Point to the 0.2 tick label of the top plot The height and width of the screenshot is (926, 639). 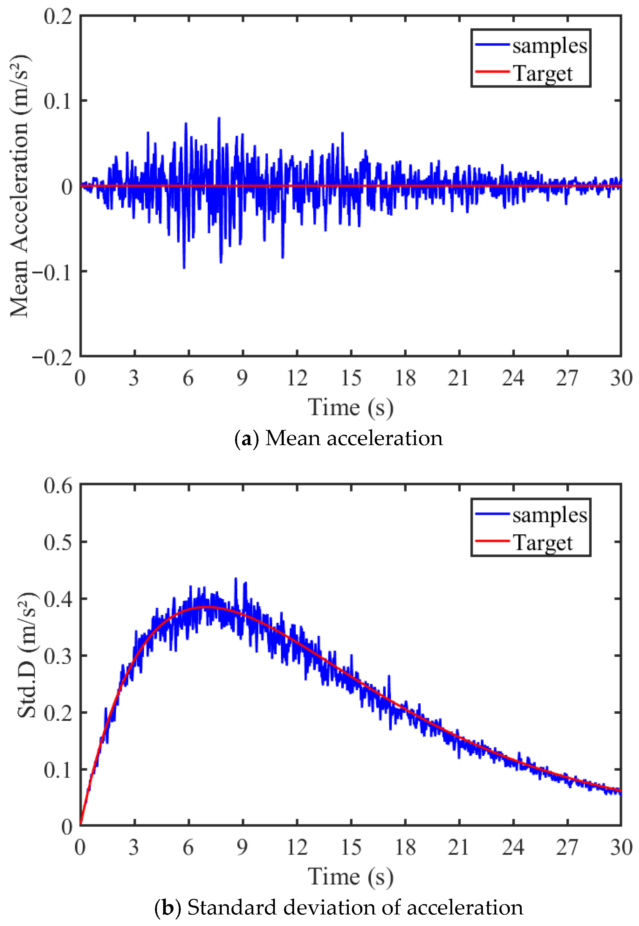58,17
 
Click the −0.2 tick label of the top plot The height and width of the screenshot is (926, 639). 52,357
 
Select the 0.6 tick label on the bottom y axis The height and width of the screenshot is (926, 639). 58,486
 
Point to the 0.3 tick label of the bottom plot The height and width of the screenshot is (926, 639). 58,657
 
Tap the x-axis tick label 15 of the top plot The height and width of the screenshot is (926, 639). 351,378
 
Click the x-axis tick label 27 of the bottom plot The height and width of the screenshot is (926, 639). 567,847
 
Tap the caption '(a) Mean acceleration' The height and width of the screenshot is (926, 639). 339,438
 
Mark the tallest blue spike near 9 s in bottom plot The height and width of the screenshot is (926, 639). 236,579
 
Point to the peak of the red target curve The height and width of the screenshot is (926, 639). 208,608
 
